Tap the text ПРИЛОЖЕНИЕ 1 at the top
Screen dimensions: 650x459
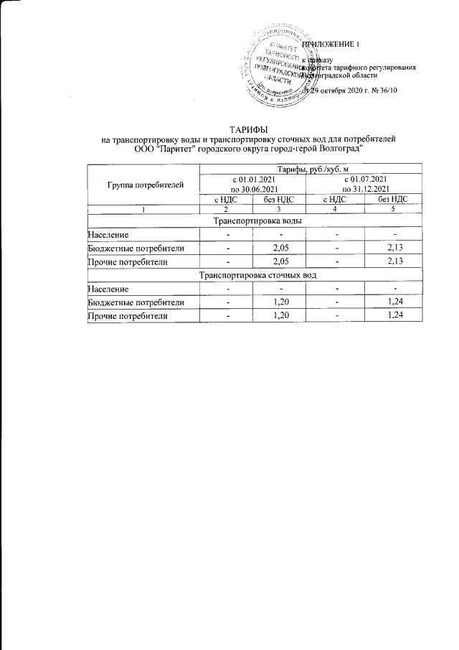coord(331,45)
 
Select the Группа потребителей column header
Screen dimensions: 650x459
coord(145,184)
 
